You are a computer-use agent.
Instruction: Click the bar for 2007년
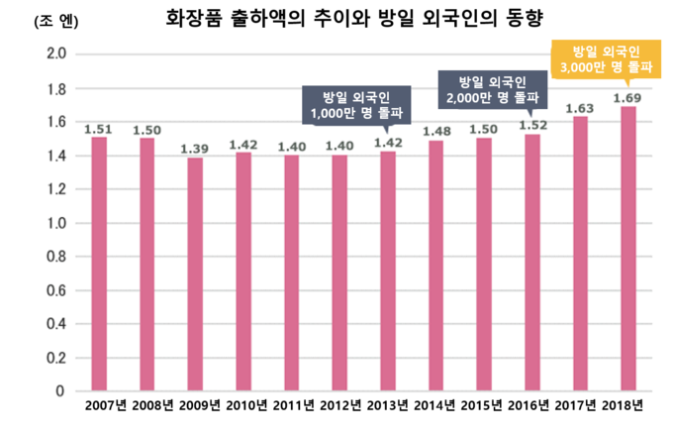pos(99,264)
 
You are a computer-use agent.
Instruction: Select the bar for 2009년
pos(195,274)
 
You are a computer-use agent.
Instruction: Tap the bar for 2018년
pos(627,249)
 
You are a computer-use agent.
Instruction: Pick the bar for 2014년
pos(435,266)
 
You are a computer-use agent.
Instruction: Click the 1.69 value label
pos(627,98)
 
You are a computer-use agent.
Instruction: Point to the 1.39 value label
pos(195,149)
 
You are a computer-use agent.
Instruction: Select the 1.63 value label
pos(580,108)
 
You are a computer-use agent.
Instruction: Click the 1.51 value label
pos(99,128)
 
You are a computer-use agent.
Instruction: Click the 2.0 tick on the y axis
pos(56,55)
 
